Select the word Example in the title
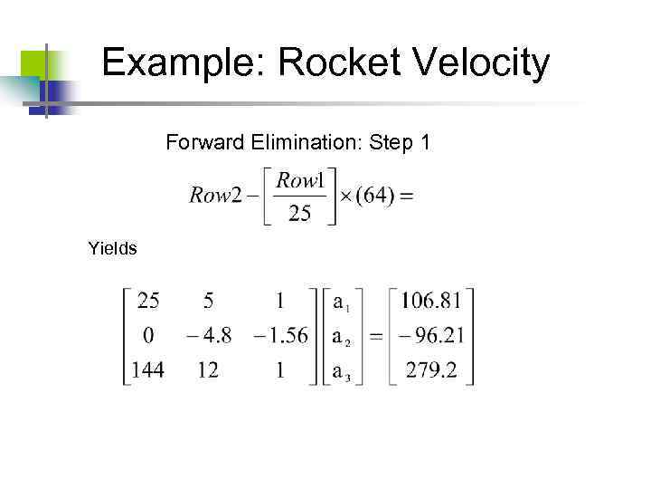[x=184, y=63]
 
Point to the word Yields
[x=113, y=246]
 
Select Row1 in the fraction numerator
[x=300, y=180]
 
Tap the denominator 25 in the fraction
[x=299, y=214]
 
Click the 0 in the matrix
[x=147, y=336]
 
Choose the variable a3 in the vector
[x=340, y=371]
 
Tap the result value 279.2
[x=433, y=369]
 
